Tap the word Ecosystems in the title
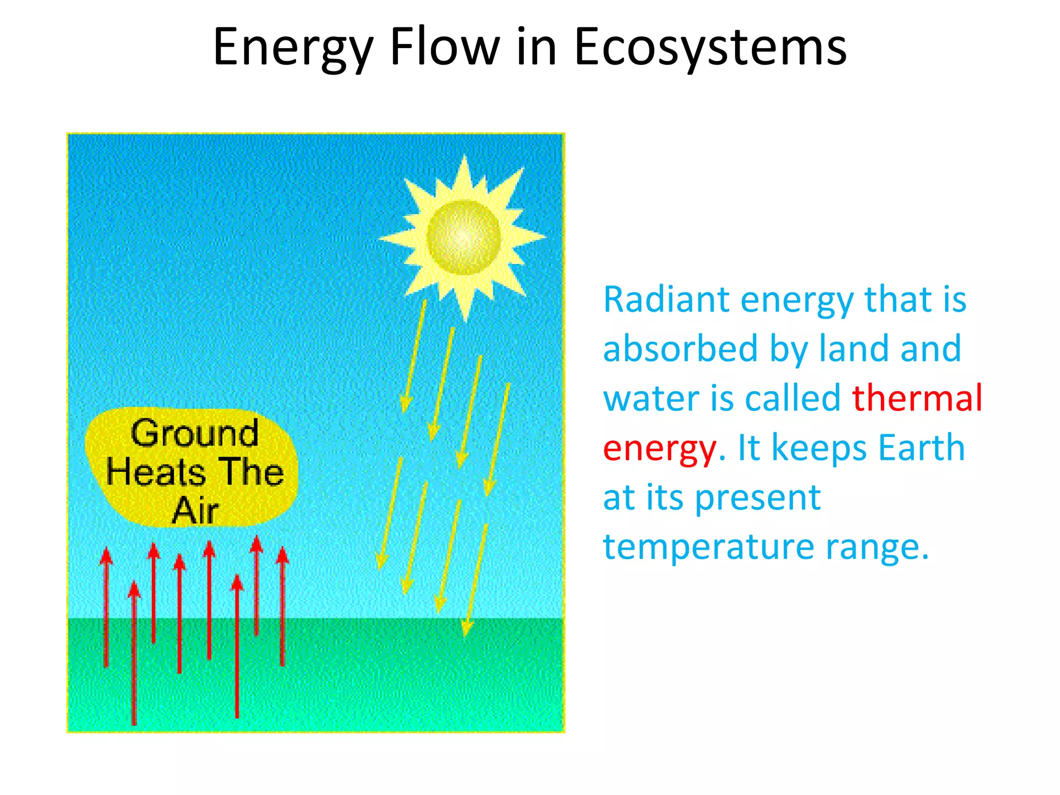tap(710, 48)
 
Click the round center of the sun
tap(464, 238)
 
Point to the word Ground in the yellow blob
tap(194, 433)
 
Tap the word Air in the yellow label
tap(195, 511)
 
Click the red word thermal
tap(917, 398)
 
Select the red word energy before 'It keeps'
tap(660, 448)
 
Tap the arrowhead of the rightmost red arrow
tap(283, 556)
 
